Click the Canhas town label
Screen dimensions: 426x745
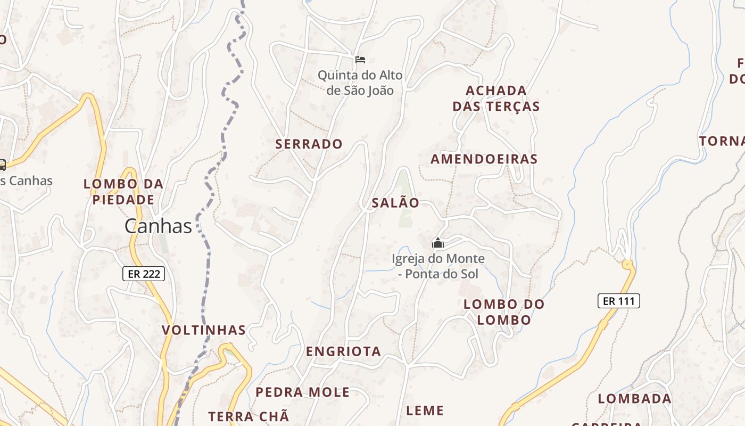[x=158, y=226]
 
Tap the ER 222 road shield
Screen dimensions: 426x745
[x=144, y=274]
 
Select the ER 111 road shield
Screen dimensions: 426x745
[x=618, y=301]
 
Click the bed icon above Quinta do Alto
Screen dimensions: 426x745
[x=360, y=59]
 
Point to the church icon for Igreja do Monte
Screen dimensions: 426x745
[x=438, y=243]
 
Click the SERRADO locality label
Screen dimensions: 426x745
[x=309, y=144]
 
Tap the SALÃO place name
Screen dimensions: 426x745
[x=395, y=203]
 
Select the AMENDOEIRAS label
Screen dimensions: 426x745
[x=484, y=159]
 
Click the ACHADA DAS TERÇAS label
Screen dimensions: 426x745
[x=496, y=99]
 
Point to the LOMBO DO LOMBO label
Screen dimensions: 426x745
[x=504, y=312]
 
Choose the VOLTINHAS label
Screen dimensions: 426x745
[x=204, y=330]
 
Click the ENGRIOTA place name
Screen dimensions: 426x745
[x=343, y=351]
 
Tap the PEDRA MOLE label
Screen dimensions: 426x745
[x=302, y=392]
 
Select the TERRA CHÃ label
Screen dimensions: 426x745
[x=249, y=416]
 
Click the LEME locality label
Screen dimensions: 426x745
[x=425, y=411]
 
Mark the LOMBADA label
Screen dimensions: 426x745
[x=634, y=399]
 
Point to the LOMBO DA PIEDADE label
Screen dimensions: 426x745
[x=123, y=192]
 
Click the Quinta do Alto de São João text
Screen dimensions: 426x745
[x=360, y=83]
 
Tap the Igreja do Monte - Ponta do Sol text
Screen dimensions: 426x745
[x=438, y=266]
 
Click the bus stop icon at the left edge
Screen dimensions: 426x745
[x=2, y=165]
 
